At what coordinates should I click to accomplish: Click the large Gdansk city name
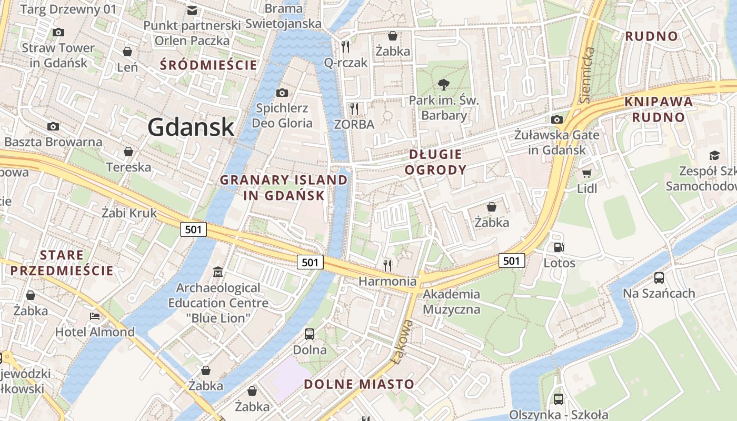(x=191, y=127)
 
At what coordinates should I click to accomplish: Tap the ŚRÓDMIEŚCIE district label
(x=209, y=65)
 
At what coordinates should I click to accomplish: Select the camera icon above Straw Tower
(x=58, y=32)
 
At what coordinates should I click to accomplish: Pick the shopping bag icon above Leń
(x=127, y=52)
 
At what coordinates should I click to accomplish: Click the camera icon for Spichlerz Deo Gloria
(x=282, y=93)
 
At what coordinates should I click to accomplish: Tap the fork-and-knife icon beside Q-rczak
(x=345, y=46)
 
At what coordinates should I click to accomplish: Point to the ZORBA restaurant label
(x=354, y=124)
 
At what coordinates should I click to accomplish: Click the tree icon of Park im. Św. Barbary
(x=444, y=84)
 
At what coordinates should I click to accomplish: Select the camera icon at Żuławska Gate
(x=556, y=119)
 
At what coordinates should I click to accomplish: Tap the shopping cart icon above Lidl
(x=587, y=173)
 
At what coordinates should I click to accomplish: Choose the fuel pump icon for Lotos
(x=559, y=247)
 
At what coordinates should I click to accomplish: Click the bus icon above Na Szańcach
(x=659, y=277)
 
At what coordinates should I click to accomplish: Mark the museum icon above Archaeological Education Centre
(x=218, y=272)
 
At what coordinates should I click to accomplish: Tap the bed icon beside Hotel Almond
(x=95, y=316)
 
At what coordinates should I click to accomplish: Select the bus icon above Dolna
(x=310, y=334)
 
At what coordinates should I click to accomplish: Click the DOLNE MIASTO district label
(x=359, y=384)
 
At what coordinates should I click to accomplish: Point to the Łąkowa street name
(x=402, y=341)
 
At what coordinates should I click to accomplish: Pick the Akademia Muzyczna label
(x=451, y=302)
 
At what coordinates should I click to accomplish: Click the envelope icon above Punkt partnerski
(x=192, y=10)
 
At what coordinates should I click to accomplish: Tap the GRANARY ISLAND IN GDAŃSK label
(x=284, y=187)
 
